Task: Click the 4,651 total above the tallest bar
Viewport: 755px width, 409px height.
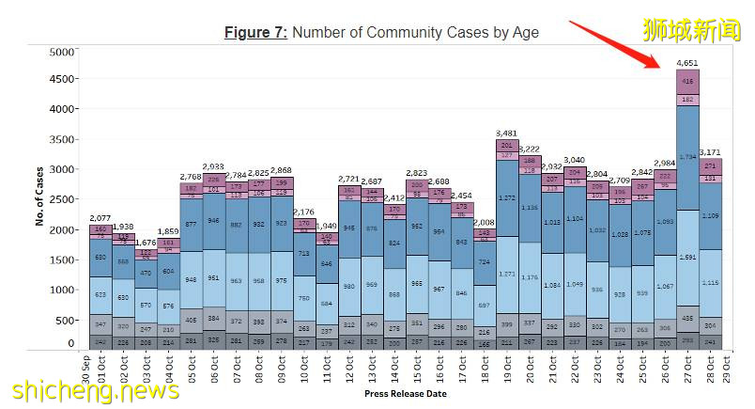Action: coord(687,63)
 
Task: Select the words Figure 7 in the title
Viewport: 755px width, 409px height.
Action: coord(254,33)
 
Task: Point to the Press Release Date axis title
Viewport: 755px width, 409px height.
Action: coord(405,395)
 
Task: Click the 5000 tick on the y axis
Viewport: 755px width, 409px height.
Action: coord(60,53)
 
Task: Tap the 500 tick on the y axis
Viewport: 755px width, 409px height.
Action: coord(63,320)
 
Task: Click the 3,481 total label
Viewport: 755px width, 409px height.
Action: coord(507,133)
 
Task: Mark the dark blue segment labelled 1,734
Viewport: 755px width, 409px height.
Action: coord(687,157)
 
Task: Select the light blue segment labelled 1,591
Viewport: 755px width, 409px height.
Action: coord(687,257)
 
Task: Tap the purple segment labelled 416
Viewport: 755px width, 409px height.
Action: coord(687,82)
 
